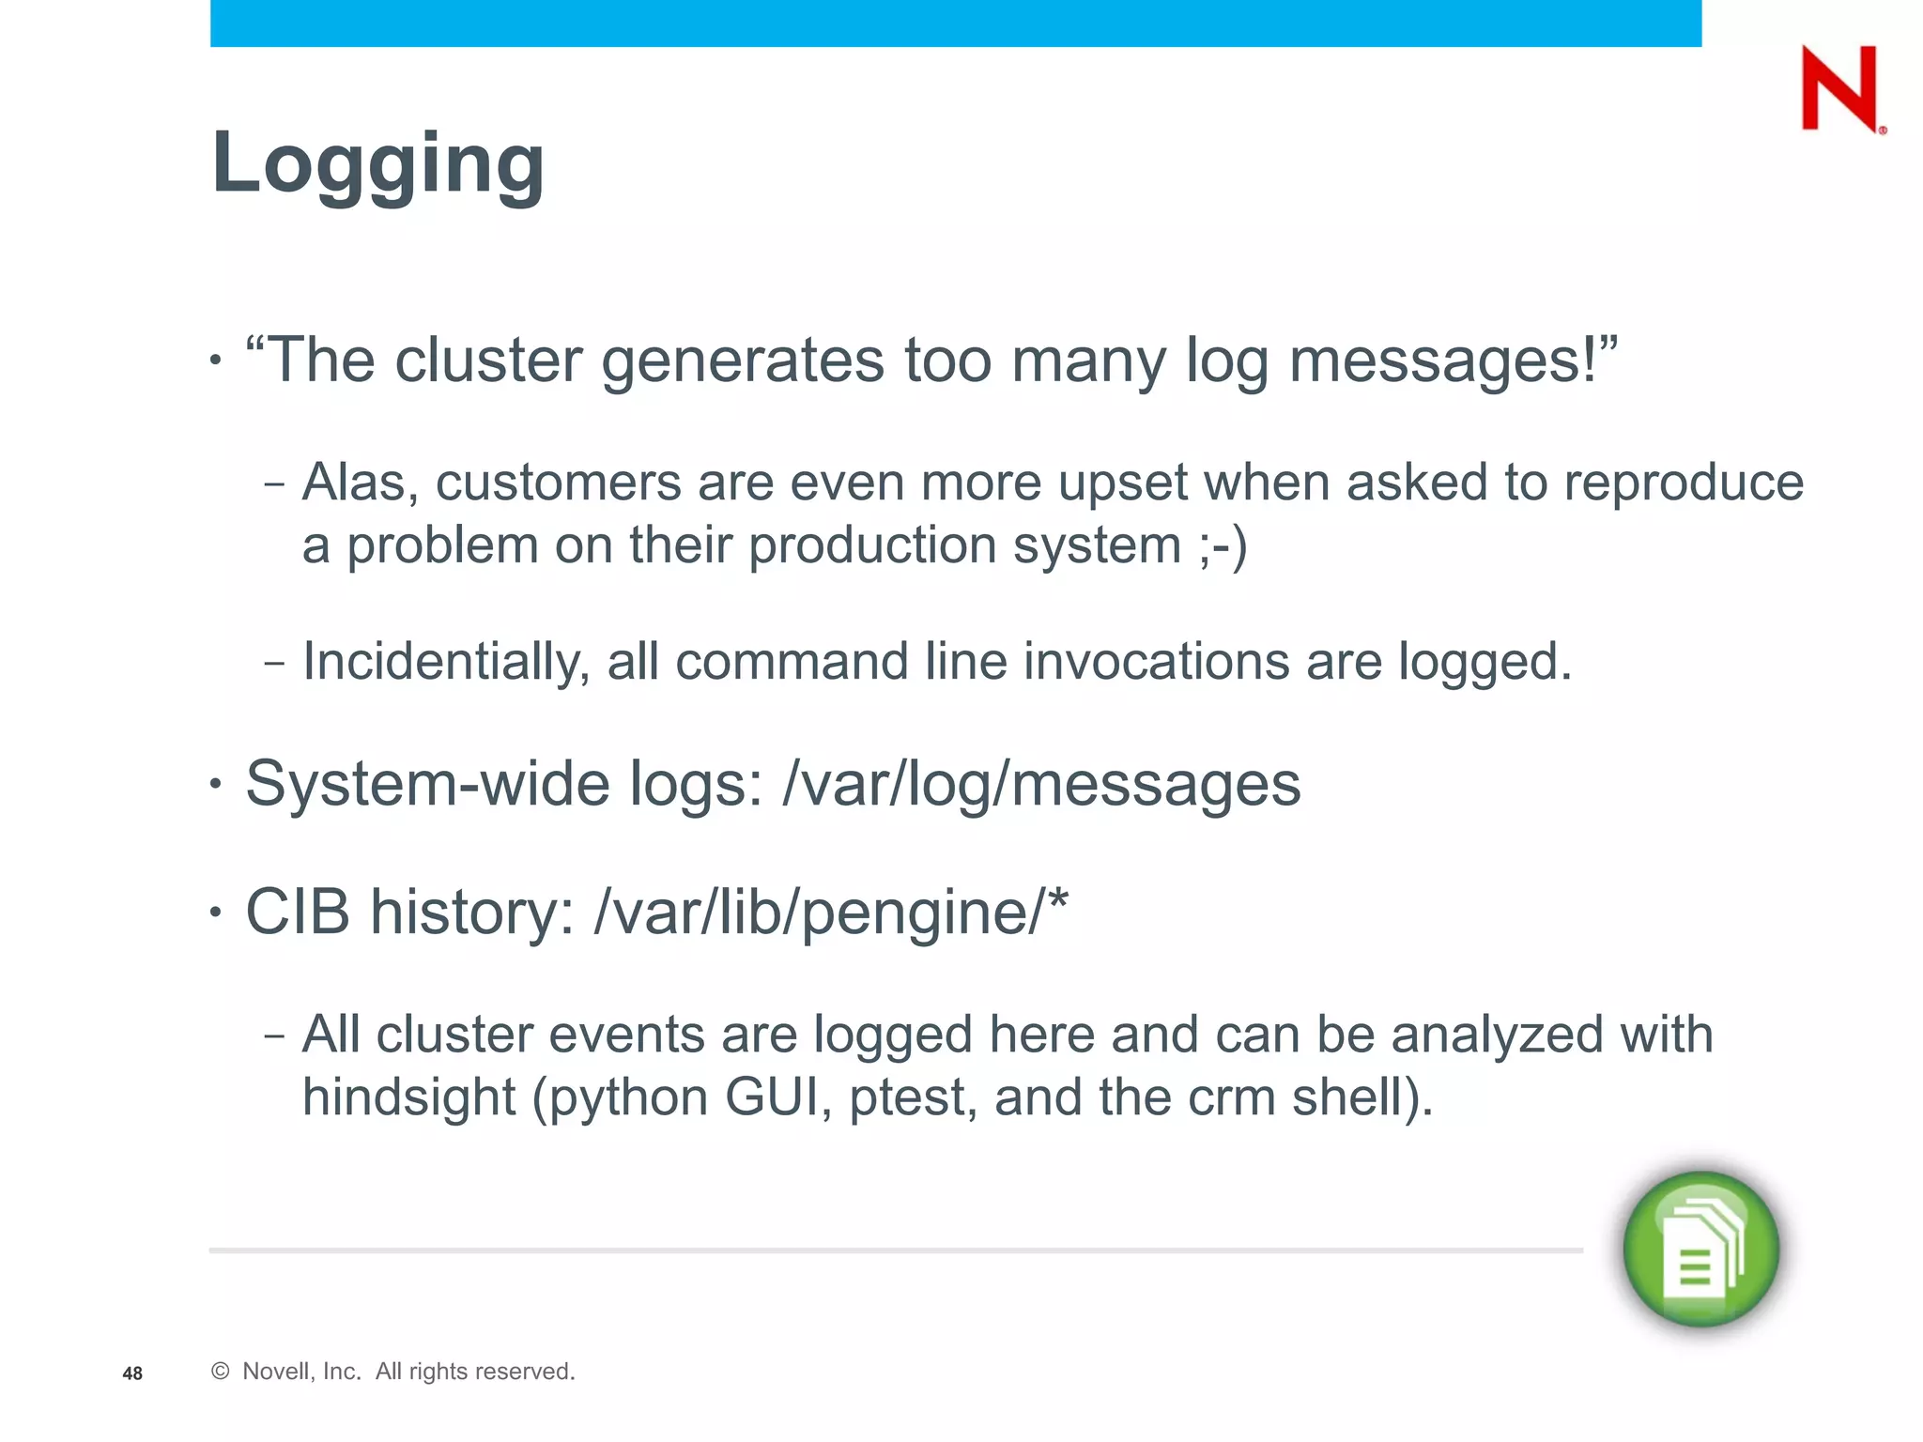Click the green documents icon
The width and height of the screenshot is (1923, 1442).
pos(1700,1249)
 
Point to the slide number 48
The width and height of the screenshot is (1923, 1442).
pos(132,1373)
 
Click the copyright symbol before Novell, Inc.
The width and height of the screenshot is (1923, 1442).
pos(221,1372)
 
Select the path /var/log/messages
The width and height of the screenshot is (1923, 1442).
pos(1041,784)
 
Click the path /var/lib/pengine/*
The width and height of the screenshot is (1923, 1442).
pos(831,912)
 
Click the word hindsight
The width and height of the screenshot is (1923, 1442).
pos(408,1097)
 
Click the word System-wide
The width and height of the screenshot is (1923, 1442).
pos(427,784)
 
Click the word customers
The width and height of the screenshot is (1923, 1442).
pos(558,483)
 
